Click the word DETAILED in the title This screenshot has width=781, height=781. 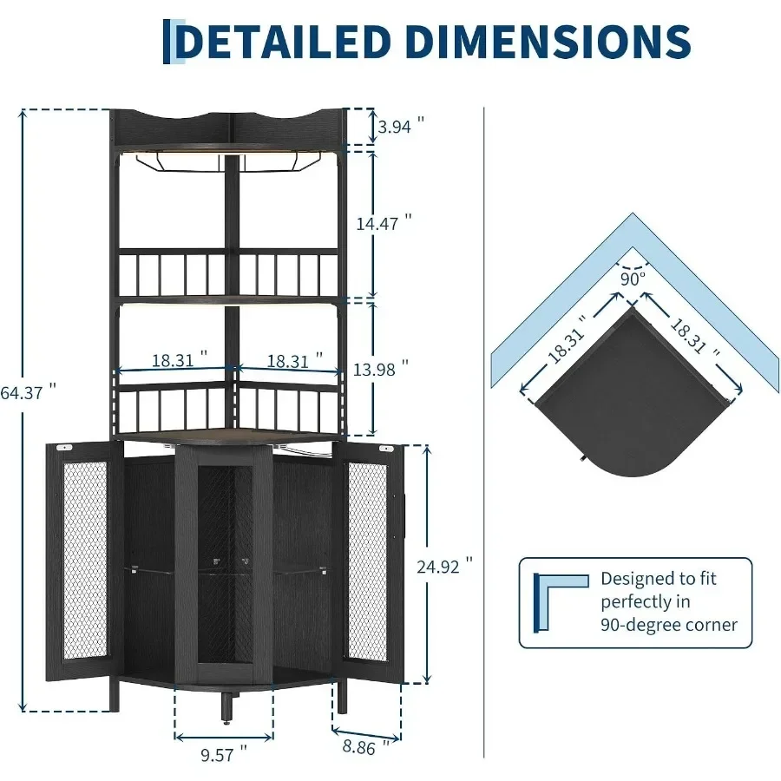click(x=282, y=42)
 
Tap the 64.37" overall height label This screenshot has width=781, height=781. click(x=29, y=392)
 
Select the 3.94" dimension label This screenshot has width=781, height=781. click(x=401, y=126)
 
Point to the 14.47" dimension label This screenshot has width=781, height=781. click(x=384, y=223)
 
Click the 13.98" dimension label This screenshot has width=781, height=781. click(x=381, y=369)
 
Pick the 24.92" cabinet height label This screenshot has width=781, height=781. click(x=445, y=566)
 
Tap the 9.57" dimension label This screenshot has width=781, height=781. click(x=224, y=754)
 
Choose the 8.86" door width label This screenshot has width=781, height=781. click(x=366, y=747)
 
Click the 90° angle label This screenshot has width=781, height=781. click(x=633, y=279)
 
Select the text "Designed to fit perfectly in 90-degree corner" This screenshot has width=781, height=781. click(x=669, y=601)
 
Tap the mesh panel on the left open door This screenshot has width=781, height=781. click(x=85, y=560)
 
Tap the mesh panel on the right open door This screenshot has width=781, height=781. click(x=368, y=561)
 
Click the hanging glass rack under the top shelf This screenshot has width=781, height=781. click(x=226, y=163)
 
